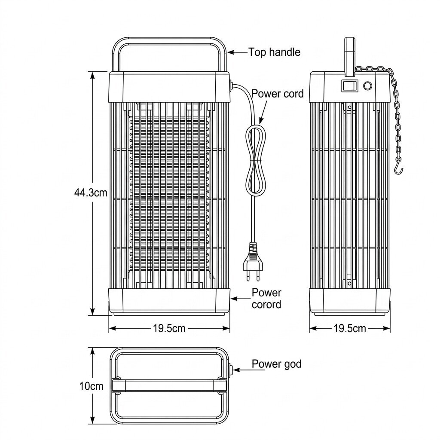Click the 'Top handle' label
[274, 52]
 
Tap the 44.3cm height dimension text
[91, 193]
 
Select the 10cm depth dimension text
[92, 386]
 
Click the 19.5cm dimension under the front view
[169, 328]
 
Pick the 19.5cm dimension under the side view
[350, 328]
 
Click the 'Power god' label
[276, 364]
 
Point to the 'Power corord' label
[266, 298]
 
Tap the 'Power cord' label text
[278, 93]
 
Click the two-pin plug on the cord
[252, 261]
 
